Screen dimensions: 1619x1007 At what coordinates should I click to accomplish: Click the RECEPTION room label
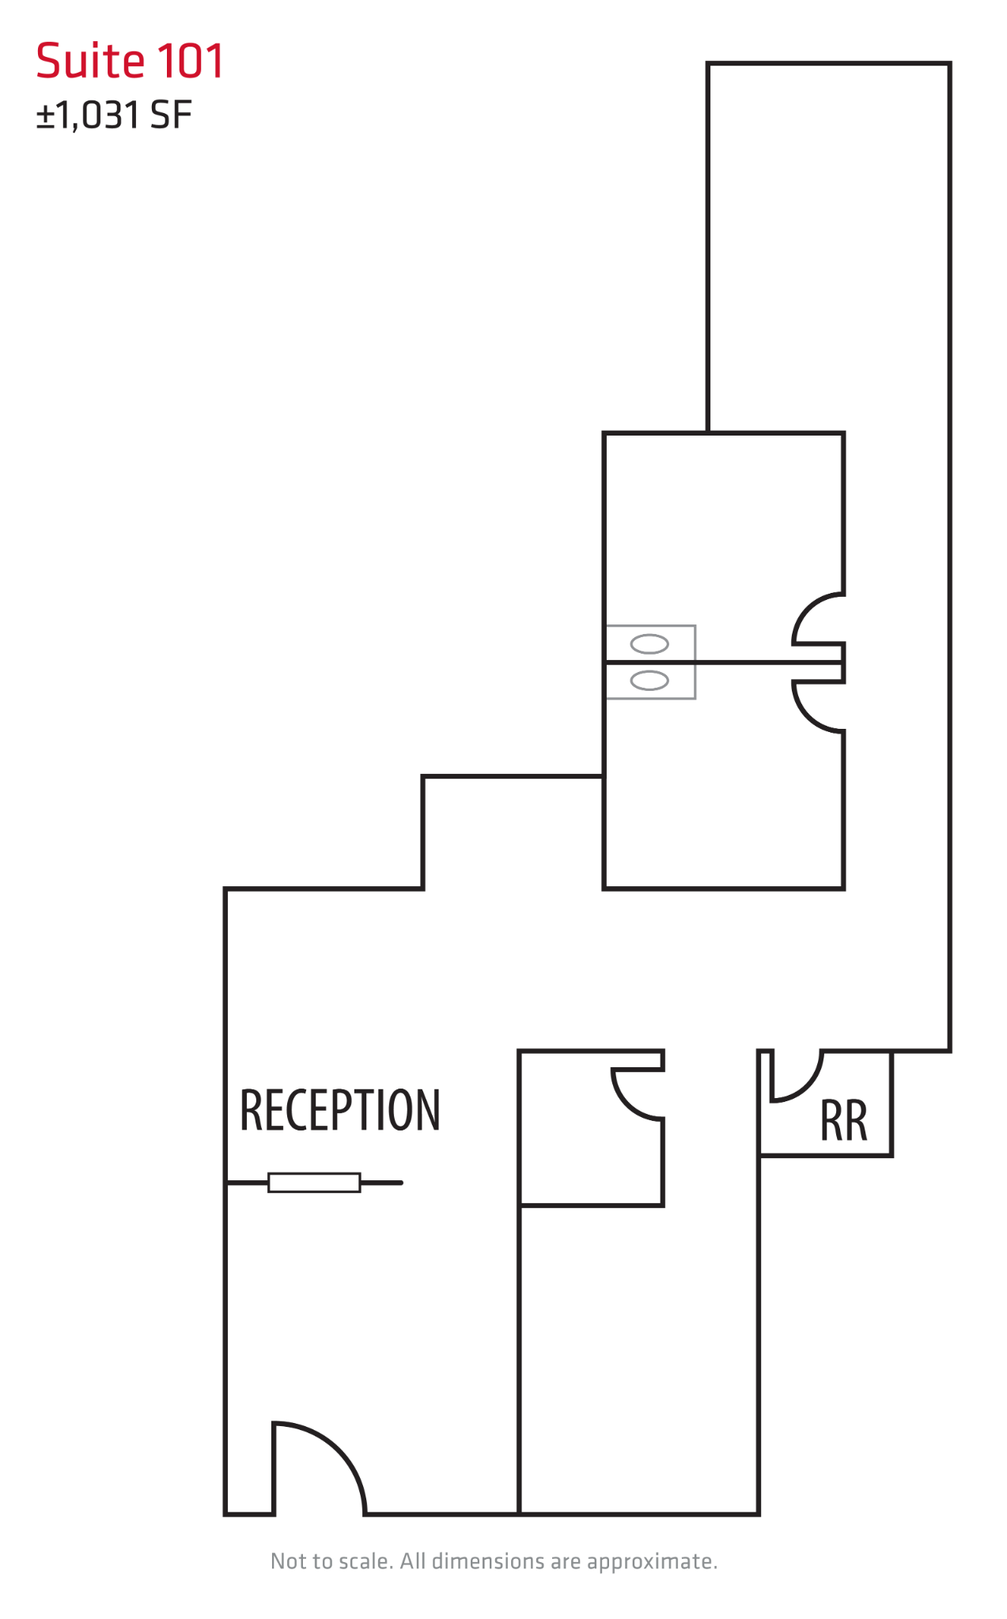pyautogui.click(x=339, y=1110)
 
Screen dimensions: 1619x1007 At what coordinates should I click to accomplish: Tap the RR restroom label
pyautogui.click(x=843, y=1121)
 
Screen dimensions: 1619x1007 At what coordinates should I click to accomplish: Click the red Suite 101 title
pyautogui.click(x=130, y=61)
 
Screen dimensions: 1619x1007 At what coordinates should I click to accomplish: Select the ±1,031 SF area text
pyautogui.click(x=114, y=115)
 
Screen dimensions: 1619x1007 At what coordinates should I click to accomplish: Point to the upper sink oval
pyautogui.click(x=649, y=644)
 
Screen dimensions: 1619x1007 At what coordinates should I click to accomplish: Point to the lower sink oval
pyautogui.click(x=649, y=680)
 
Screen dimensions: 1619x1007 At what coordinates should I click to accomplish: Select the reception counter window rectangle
pyautogui.click(x=314, y=1183)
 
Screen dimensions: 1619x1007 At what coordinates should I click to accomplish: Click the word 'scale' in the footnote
pyautogui.click(x=365, y=1561)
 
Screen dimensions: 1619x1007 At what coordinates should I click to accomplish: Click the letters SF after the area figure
pyautogui.click(x=171, y=115)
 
